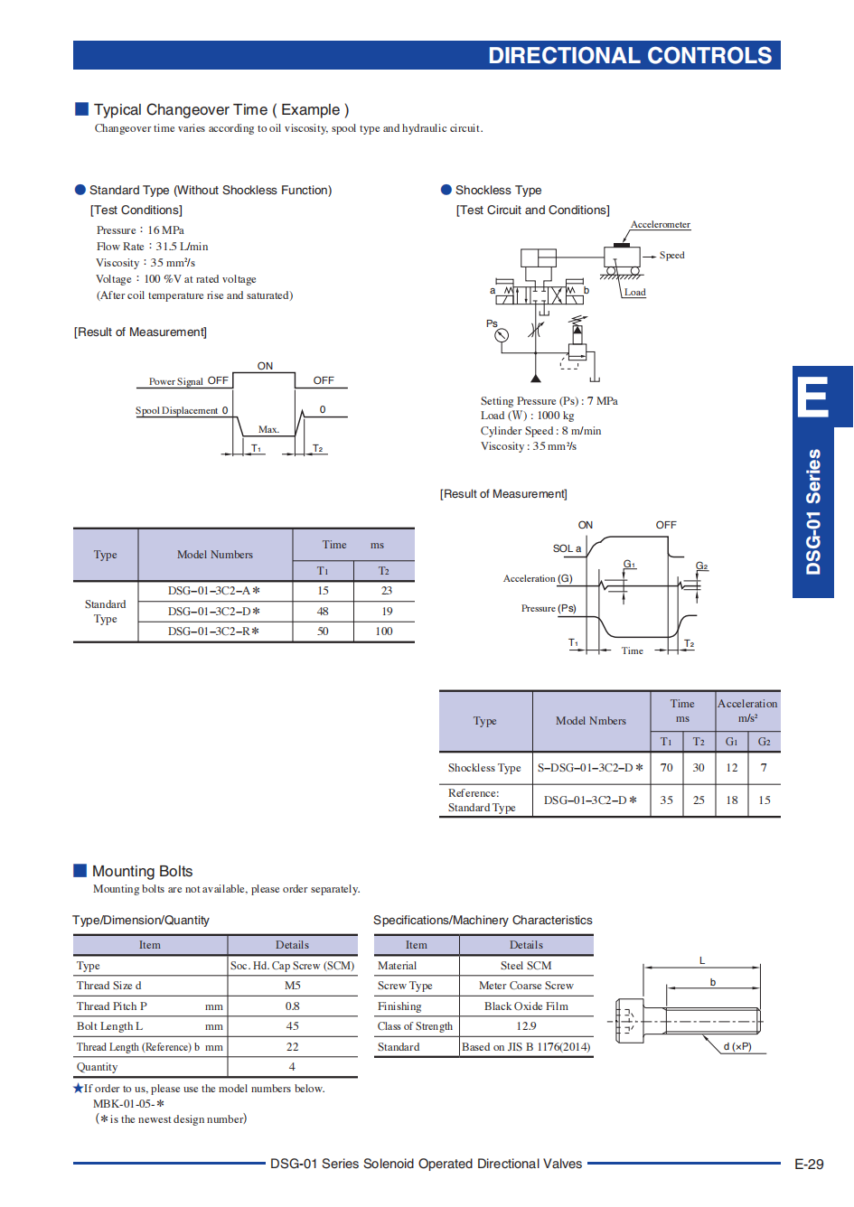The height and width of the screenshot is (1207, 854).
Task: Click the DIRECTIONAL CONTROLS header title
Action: [x=630, y=55]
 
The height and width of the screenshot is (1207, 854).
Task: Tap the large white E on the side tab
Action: [x=812, y=397]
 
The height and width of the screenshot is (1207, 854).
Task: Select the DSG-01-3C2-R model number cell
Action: [x=213, y=631]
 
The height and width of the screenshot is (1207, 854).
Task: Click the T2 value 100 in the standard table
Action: [x=384, y=631]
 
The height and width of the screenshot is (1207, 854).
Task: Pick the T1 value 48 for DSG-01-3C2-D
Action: [x=323, y=611]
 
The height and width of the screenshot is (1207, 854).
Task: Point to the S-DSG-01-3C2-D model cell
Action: [x=590, y=767]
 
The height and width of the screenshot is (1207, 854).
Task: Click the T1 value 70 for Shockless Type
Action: [x=666, y=767]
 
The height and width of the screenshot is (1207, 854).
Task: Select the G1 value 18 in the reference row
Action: [x=732, y=800]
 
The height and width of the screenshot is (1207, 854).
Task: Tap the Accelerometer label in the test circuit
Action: [x=661, y=224]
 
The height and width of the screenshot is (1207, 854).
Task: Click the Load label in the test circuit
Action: [x=634, y=292]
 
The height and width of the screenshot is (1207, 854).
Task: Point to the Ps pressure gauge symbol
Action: [x=502, y=335]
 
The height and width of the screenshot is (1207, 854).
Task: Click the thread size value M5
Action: [x=292, y=986]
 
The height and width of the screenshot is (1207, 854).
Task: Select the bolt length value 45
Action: [x=292, y=1026]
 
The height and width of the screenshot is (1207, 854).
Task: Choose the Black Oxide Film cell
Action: [x=526, y=1006]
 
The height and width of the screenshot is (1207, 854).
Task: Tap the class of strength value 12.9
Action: [x=526, y=1026]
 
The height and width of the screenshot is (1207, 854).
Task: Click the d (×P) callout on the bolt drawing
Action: [x=737, y=1046]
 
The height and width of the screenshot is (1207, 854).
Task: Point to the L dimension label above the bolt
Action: [x=702, y=960]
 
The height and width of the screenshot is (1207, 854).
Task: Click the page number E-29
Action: [x=809, y=1164]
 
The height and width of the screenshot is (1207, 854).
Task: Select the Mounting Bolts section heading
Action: [x=143, y=871]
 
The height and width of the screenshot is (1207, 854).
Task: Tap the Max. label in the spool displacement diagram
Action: [x=268, y=429]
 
